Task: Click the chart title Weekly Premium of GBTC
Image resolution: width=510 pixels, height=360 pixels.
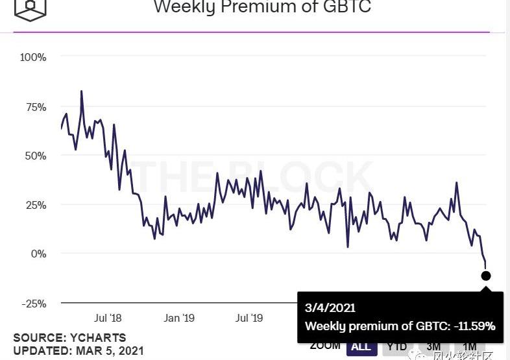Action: click(262, 8)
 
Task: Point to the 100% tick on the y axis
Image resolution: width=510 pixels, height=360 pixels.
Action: click(33, 57)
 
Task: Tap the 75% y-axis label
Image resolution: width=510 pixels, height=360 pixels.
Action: click(35, 107)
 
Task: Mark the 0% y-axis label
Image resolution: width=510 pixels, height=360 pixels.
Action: click(38, 254)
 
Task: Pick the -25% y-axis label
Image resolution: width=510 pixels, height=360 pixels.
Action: click(33, 303)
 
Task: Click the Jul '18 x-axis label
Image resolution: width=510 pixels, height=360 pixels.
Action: click(108, 318)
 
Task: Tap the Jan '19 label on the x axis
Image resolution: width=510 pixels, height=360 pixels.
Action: click(179, 318)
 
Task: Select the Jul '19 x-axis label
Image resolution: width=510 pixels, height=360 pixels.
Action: click(249, 318)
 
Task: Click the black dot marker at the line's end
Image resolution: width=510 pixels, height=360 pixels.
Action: click(486, 276)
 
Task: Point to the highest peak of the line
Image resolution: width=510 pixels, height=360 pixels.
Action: click(81, 91)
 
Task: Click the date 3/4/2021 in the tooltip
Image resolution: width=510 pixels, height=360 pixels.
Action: click(330, 308)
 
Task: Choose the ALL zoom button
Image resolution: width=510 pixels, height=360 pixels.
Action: click(361, 346)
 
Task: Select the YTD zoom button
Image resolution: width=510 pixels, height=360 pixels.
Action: click(397, 346)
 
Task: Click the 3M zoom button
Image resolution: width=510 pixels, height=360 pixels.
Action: click(434, 346)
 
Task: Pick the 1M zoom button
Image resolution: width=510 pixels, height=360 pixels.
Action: click(470, 346)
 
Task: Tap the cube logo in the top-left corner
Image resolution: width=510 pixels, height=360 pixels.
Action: click(30, 8)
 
